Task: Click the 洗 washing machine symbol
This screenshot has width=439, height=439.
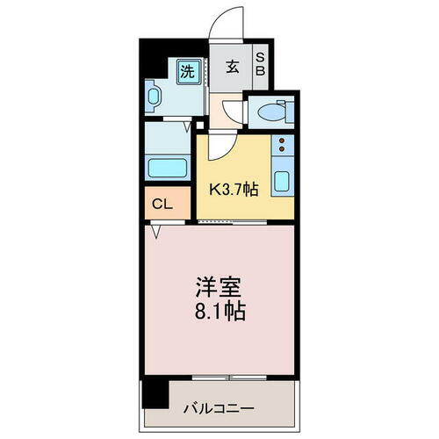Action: (187, 69)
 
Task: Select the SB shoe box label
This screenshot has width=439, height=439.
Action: (261, 67)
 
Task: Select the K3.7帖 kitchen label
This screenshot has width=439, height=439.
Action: (232, 190)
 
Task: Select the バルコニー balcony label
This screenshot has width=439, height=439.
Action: (219, 408)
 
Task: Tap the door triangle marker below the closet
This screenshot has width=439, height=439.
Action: (155, 232)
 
